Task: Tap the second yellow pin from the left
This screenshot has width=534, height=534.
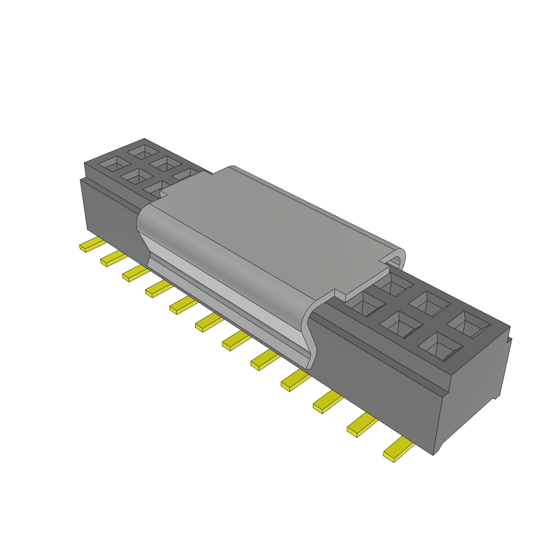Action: click(x=112, y=258)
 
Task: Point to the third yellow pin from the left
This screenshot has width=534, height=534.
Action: click(x=134, y=273)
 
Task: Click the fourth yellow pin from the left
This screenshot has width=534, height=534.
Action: click(x=157, y=288)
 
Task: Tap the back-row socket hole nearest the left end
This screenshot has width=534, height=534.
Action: click(x=140, y=152)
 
